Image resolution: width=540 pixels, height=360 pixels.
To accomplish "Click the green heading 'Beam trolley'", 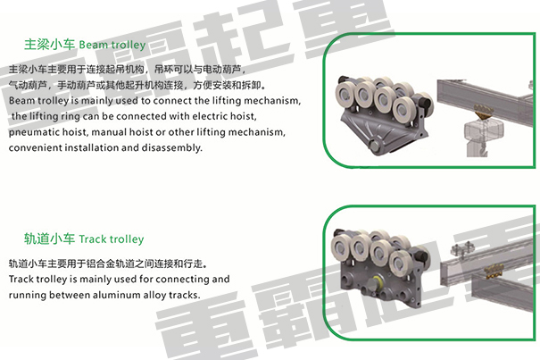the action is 112,45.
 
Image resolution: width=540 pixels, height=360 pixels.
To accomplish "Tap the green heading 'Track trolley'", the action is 112,239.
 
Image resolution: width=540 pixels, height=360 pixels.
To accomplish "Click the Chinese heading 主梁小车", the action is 49,44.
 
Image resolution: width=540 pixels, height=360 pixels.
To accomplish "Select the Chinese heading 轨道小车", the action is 49,239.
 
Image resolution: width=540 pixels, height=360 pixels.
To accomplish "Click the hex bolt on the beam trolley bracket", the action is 373,145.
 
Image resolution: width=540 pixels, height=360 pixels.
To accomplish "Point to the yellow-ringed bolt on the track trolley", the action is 373,284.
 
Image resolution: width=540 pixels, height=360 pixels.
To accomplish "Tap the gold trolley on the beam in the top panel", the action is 484,111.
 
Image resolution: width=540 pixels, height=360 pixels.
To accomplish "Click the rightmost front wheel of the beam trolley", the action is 403,111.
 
